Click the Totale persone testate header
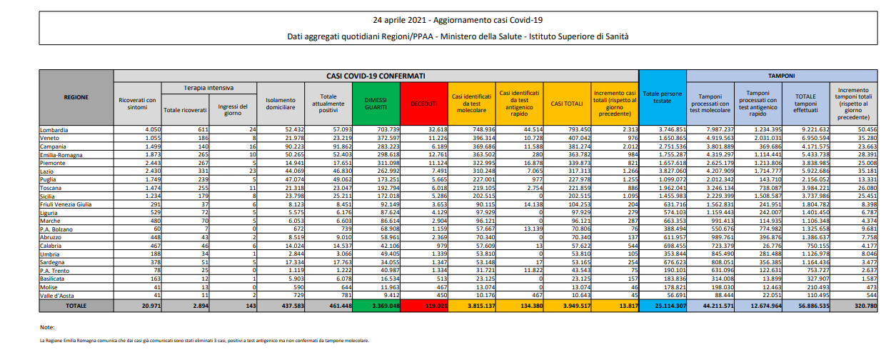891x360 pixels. coord(663,98)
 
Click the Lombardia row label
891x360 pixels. coord(54,129)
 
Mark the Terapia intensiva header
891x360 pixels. coord(209,88)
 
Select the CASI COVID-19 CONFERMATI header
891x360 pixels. coord(376,75)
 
